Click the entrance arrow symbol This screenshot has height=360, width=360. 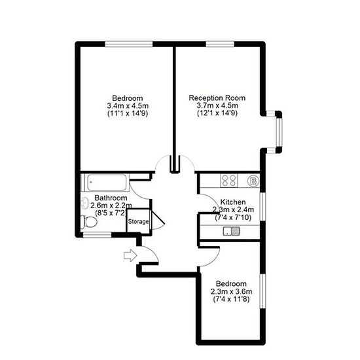tap(130, 255)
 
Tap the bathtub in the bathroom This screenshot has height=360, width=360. tap(107, 183)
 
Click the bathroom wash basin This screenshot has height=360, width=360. tap(85, 203)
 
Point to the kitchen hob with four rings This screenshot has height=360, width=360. tap(229, 181)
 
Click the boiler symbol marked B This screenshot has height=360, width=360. tap(253, 181)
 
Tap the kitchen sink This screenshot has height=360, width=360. tap(232, 231)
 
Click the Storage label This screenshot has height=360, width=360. tap(138, 221)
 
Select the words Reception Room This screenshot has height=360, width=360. tap(217, 98)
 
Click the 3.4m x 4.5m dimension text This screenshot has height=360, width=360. tap(128, 106)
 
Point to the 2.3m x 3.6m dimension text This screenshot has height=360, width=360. tap(232, 291)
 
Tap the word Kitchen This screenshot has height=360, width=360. tap(233, 202)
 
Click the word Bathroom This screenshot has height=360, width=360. tap(111, 198)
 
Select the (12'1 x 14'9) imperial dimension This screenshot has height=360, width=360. tap(217, 113)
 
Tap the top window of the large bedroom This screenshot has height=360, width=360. tap(129, 44)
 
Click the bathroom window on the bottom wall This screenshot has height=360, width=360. tap(97, 234)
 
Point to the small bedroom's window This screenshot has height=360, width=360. tap(262, 291)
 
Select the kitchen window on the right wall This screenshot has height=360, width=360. tap(262, 206)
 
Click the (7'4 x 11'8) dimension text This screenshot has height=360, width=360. tap(231, 299)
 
